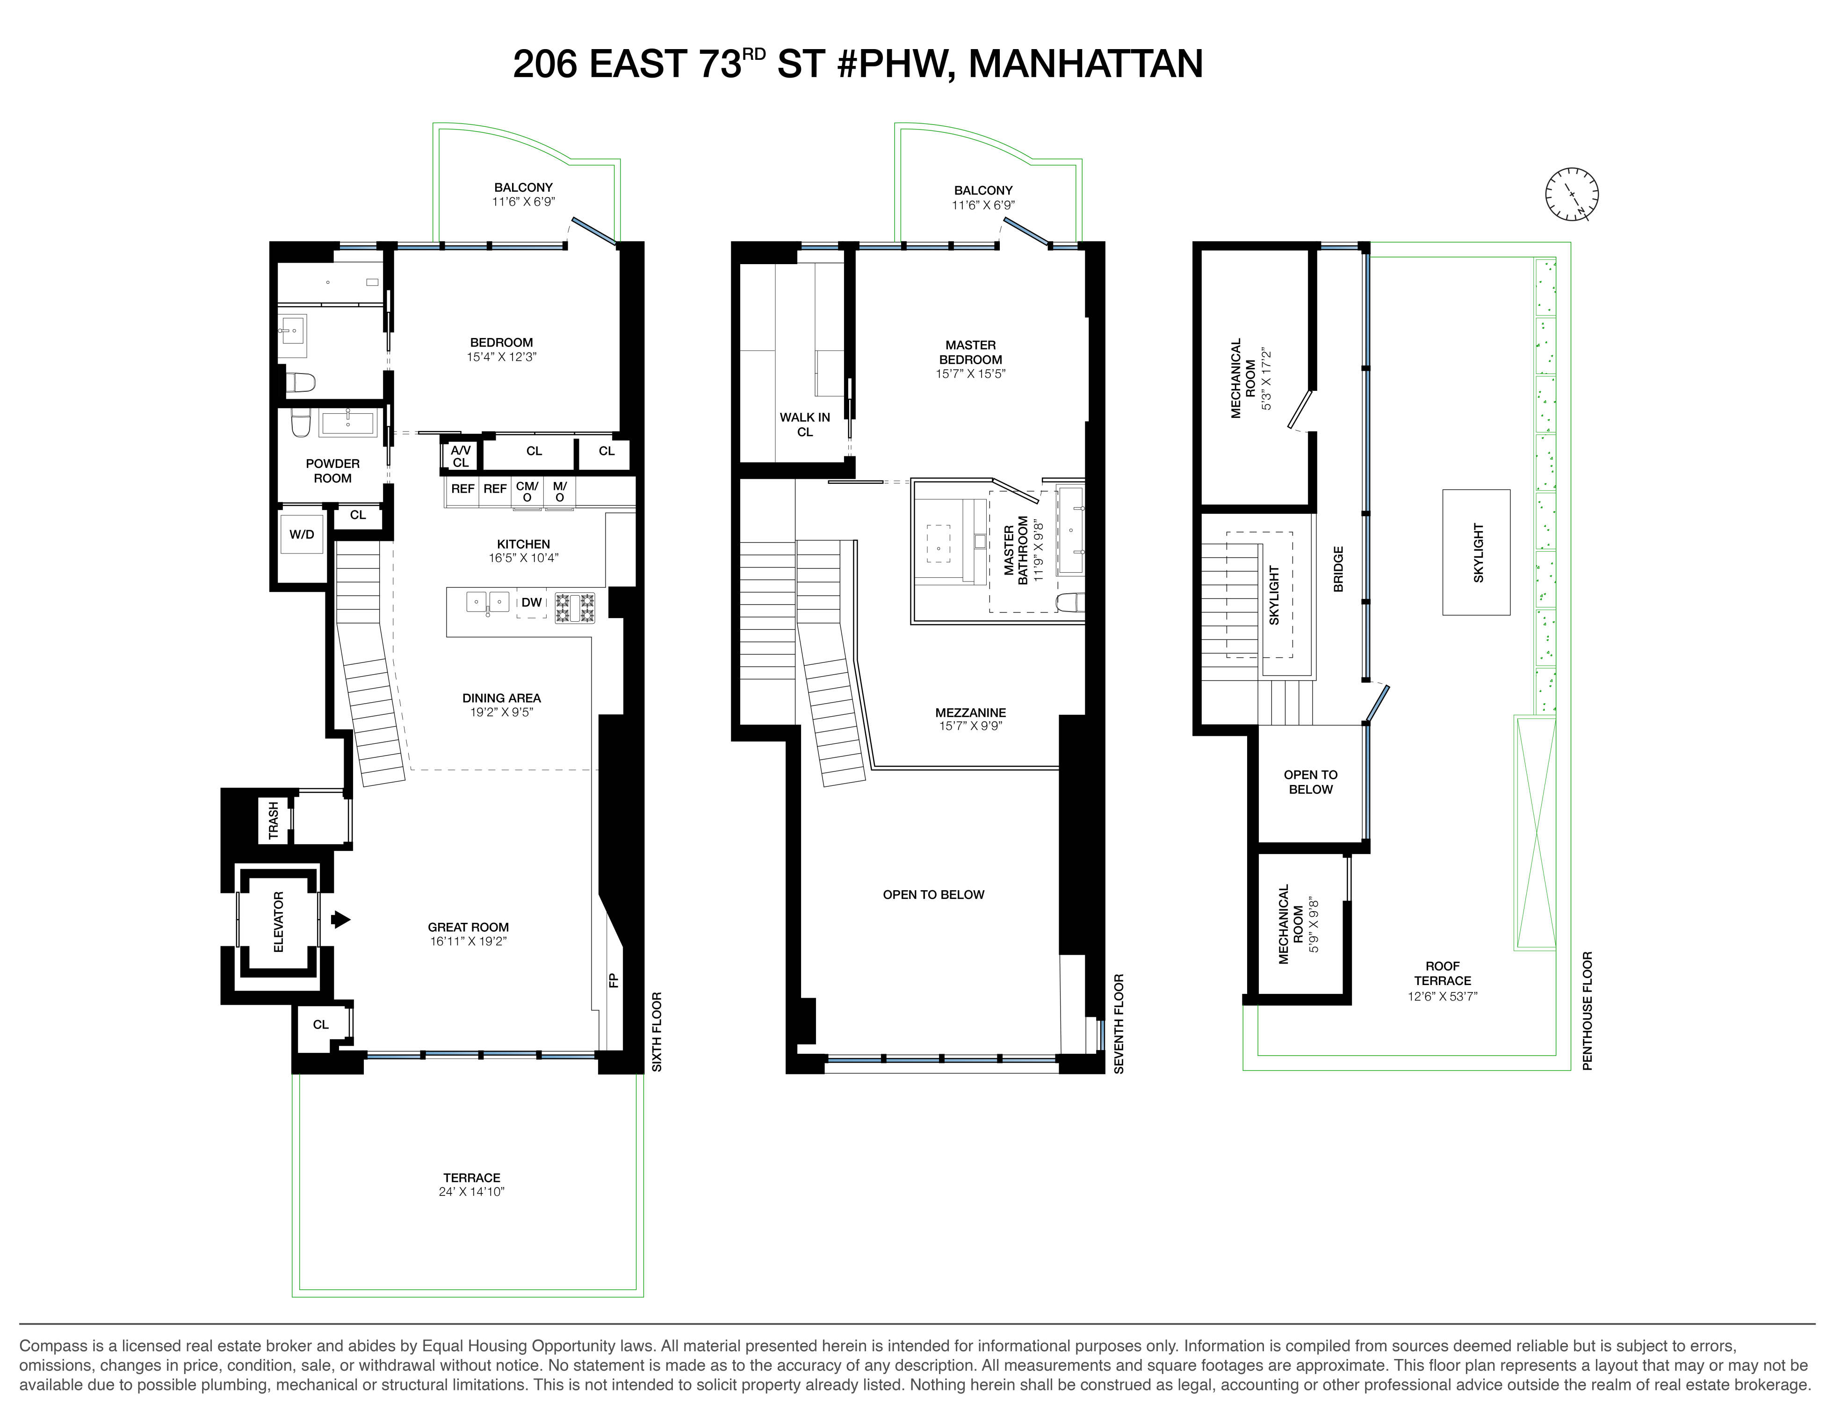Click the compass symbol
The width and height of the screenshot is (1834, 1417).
(1571, 195)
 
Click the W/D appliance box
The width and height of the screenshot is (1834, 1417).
(302, 535)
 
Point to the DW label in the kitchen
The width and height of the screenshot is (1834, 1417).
(532, 603)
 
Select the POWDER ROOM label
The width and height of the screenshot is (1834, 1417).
(332, 471)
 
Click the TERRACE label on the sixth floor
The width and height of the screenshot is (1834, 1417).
(472, 1178)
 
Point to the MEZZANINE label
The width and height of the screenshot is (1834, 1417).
(971, 712)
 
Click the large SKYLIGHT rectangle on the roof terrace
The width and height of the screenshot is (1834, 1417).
(1476, 553)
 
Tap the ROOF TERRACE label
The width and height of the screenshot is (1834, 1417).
(1443, 974)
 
